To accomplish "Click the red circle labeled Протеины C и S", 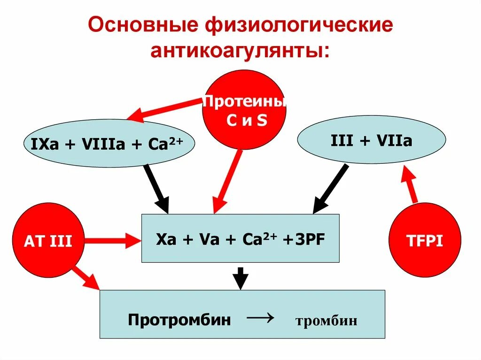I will click(244, 110).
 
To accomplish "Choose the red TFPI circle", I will click(425, 241).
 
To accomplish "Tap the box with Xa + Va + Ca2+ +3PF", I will click(240, 238).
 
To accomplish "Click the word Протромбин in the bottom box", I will click(179, 321).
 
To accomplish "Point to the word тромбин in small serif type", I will click(326, 322).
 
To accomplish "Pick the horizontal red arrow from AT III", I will click(113, 241).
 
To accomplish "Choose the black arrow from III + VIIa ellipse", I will click(331, 188).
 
